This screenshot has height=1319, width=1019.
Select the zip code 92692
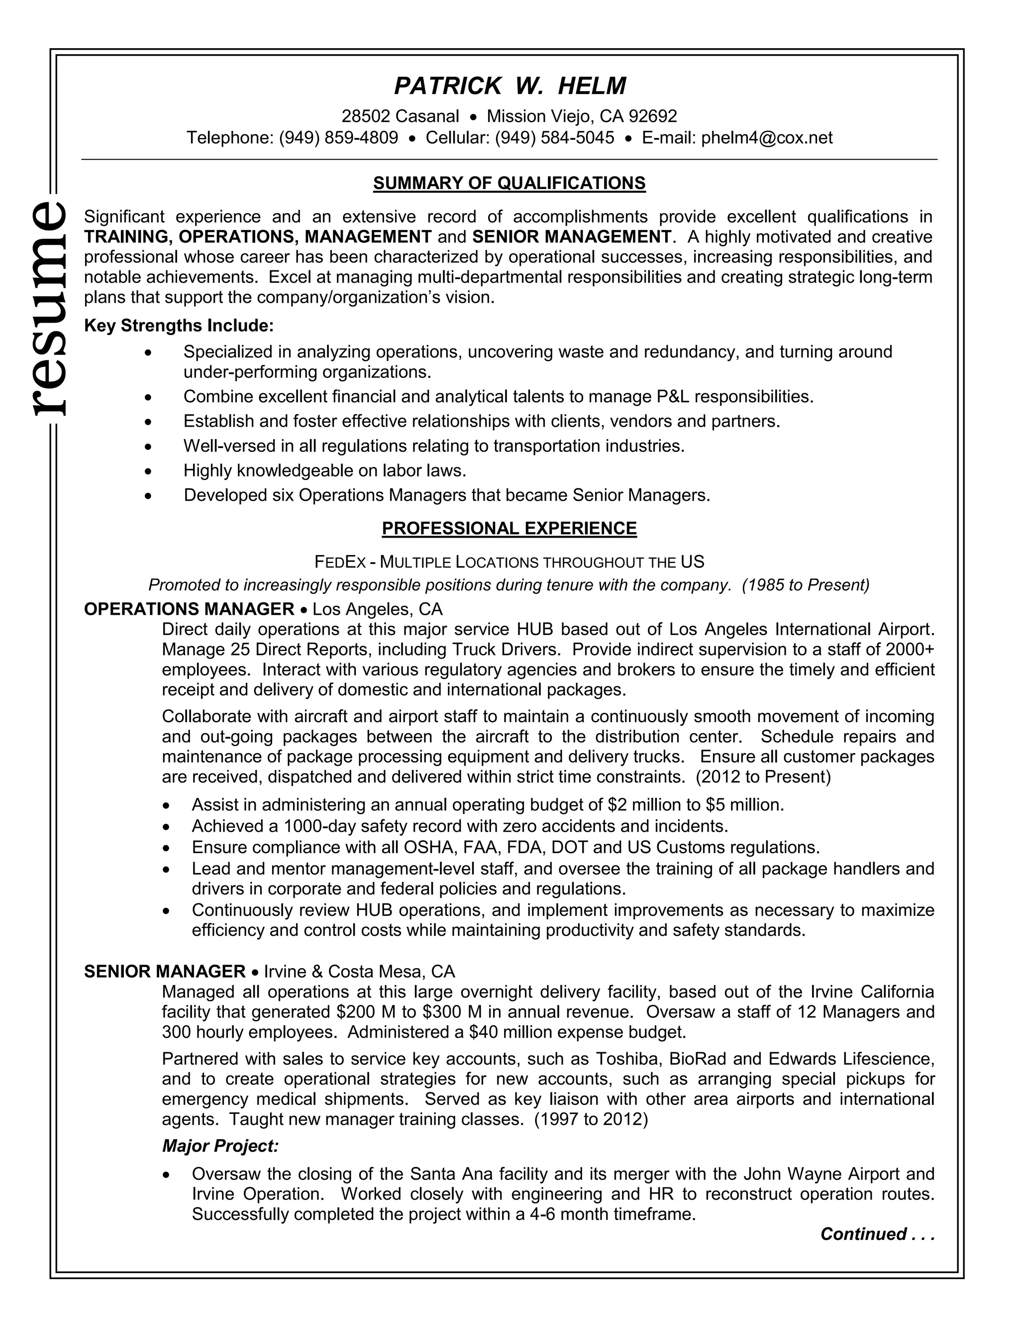pos(653,116)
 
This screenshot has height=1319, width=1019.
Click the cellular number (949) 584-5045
pos(554,138)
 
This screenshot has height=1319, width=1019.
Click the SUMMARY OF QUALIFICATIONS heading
pos(509,183)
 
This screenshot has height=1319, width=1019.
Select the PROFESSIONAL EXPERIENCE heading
pos(509,529)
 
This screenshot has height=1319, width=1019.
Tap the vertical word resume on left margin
pos(47,308)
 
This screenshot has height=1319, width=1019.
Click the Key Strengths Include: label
pos(179,326)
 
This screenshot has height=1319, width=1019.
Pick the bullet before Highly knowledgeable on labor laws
pos(148,471)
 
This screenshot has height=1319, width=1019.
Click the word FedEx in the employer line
pos(340,562)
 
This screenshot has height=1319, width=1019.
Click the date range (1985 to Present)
pos(806,585)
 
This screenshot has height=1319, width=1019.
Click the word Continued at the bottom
pos(863,1234)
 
